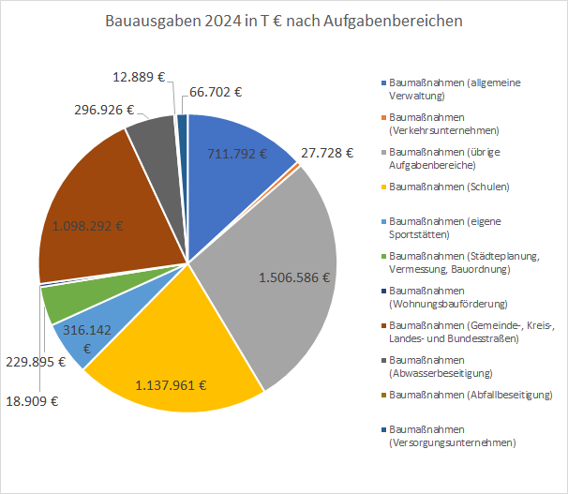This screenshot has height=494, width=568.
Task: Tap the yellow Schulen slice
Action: pos(178,347)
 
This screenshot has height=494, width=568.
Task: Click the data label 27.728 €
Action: pos(327,152)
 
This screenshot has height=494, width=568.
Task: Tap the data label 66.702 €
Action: pos(216,92)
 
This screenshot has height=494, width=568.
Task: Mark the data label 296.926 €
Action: pos(104,110)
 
